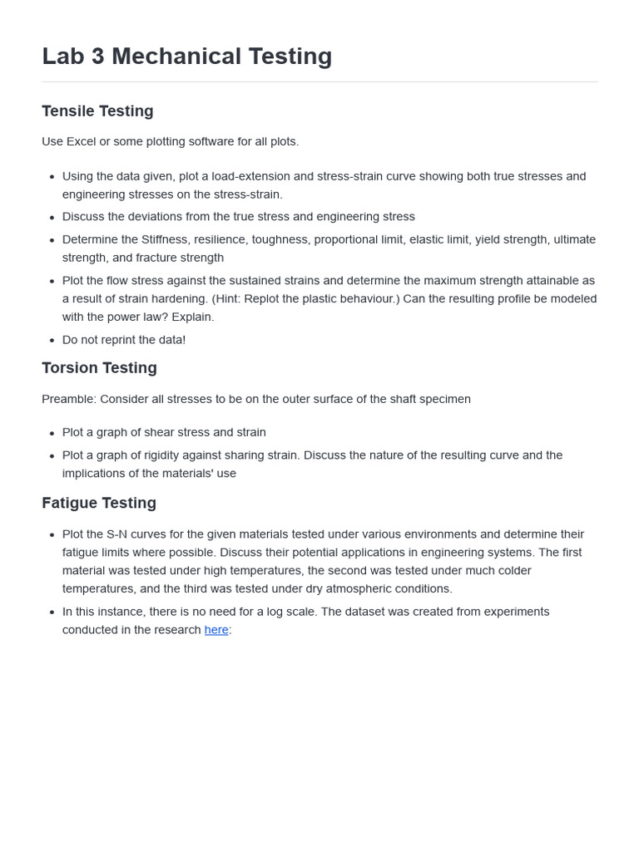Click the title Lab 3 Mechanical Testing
click(x=187, y=57)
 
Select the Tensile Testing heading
click(x=97, y=111)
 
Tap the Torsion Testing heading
click(x=99, y=368)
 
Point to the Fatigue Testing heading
click(x=99, y=503)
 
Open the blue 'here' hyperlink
click(x=216, y=630)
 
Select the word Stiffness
click(x=164, y=239)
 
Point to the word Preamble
click(x=68, y=399)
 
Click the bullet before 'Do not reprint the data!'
click(x=52, y=341)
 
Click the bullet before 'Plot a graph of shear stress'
click(x=52, y=433)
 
